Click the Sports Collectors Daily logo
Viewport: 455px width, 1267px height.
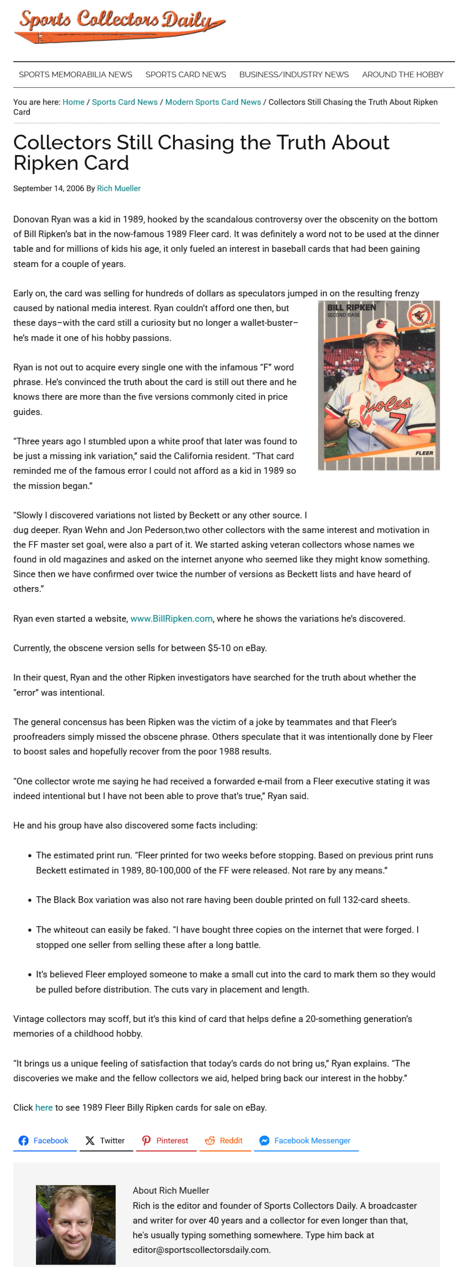click(120, 26)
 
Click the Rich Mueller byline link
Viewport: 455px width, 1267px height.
click(119, 188)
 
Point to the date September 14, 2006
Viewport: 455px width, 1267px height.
click(48, 188)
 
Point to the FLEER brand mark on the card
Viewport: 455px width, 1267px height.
click(424, 453)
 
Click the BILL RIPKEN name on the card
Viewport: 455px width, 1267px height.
click(351, 308)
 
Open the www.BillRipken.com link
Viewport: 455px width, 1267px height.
click(171, 619)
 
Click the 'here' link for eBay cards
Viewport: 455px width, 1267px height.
click(44, 1108)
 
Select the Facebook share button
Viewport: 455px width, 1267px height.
click(44, 1141)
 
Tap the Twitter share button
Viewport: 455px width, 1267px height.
click(105, 1141)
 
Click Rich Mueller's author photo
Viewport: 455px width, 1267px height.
click(76, 1225)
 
